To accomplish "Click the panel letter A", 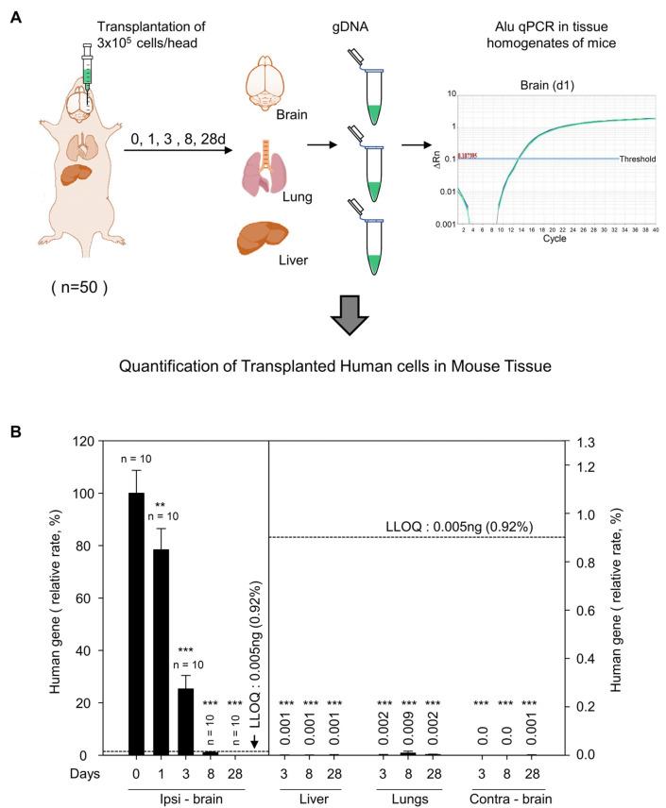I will tap(16, 18).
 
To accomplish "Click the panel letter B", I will tap(16, 431).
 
